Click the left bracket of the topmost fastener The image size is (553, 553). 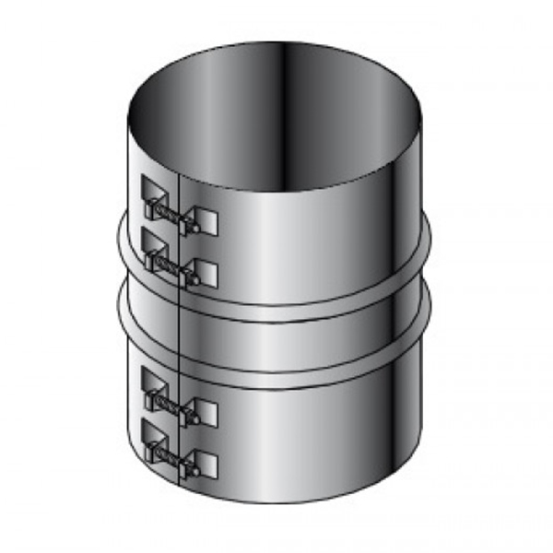(x=152, y=192)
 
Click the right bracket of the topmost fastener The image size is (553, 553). (x=206, y=222)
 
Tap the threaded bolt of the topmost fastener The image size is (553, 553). (x=175, y=212)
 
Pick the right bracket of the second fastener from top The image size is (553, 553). (x=206, y=272)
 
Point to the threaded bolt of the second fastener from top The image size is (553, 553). (x=175, y=262)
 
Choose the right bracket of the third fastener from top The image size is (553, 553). (x=206, y=410)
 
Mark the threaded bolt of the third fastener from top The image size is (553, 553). (x=175, y=399)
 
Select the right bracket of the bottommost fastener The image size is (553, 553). (x=206, y=463)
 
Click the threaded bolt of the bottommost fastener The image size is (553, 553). (x=175, y=452)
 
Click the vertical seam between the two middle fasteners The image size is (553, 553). (x=176, y=323)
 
